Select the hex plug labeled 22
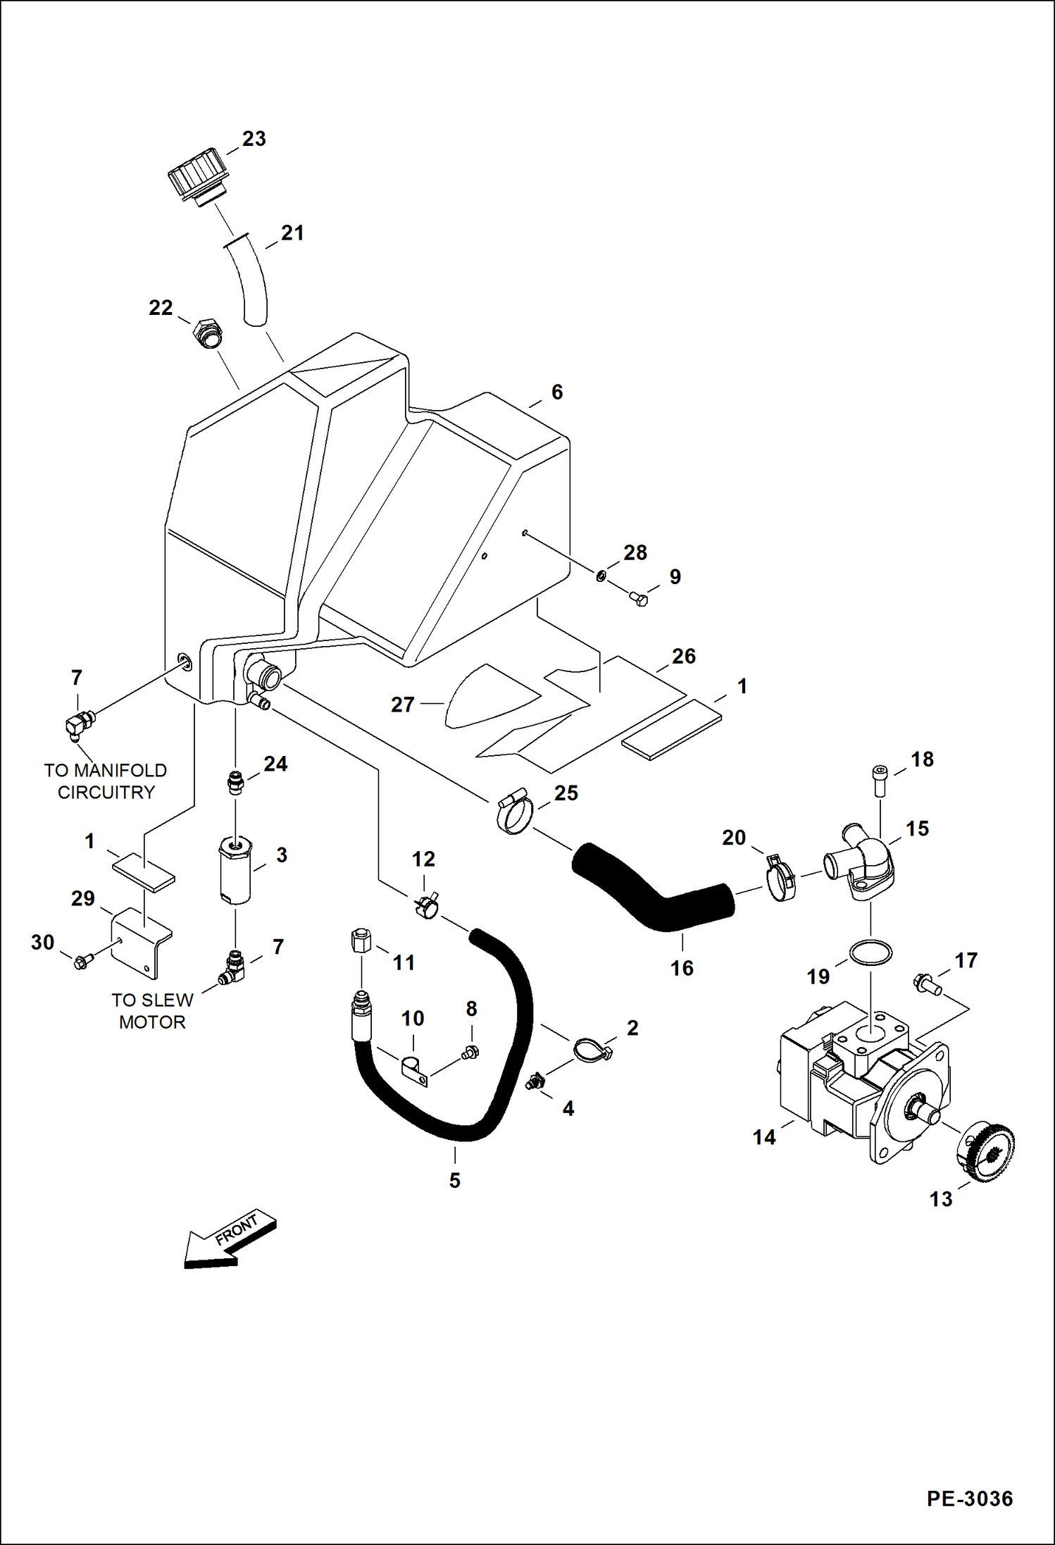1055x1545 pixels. (208, 333)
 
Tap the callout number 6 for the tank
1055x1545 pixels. (557, 392)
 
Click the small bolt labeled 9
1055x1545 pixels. (639, 599)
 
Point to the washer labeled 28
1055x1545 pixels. (601, 576)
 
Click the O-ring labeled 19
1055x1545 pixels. (871, 953)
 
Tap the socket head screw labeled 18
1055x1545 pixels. (879, 780)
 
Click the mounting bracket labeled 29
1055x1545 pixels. (143, 942)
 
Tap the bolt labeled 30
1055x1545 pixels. (81, 961)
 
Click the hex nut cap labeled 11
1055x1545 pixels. (360, 941)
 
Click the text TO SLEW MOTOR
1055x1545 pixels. (152, 1011)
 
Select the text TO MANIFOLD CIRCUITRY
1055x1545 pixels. (106, 781)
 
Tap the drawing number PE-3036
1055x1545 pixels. (969, 1499)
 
